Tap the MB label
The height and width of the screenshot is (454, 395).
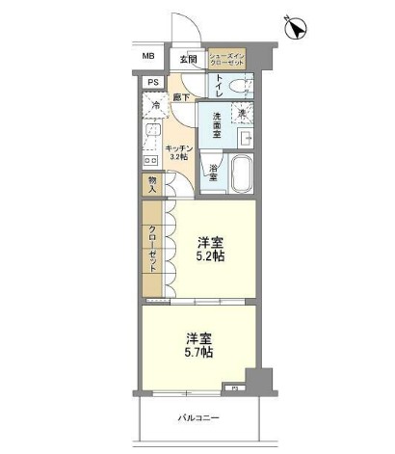[x=148, y=57]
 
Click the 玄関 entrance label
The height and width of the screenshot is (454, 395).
[x=188, y=59]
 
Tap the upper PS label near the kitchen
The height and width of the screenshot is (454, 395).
[x=153, y=83]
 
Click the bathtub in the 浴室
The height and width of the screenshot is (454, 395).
[x=238, y=174]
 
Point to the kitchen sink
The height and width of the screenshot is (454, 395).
[x=151, y=132]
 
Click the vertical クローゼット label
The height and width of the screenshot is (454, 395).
[x=153, y=250]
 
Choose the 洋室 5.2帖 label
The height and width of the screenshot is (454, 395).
[x=210, y=250]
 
